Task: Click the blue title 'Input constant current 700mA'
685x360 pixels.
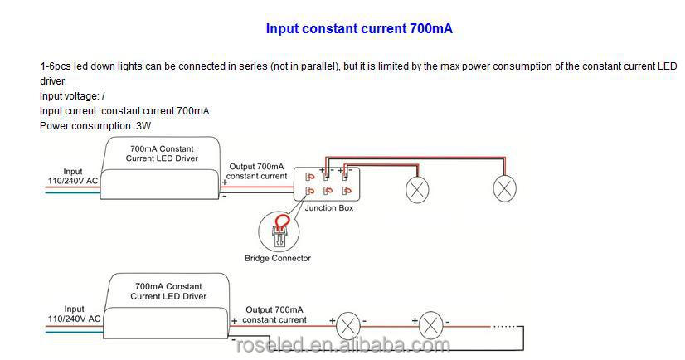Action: point(359,29)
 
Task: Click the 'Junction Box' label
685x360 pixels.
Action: point(329,208)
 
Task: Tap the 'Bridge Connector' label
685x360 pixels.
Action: point(278,258)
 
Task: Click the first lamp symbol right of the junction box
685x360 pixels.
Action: point(417,190)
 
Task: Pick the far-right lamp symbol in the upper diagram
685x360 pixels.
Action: point(504,189)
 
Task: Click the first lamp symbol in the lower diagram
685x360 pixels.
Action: point(347,325)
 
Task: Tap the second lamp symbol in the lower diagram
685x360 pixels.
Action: point(430,325)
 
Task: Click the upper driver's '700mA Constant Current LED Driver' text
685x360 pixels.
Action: point(162,153)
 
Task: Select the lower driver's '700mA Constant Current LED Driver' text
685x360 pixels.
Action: point(168,291)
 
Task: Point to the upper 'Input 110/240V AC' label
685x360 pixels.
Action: point(73,176)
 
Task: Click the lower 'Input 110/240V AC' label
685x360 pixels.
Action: point(75,314)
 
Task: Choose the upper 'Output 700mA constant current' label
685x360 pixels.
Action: point(256,171)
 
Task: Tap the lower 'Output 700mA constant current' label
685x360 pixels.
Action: point(274,314)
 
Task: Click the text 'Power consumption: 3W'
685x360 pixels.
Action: point(95,126)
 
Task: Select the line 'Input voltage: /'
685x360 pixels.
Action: point(72,96)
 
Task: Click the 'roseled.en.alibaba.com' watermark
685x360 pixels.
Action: point(343,345)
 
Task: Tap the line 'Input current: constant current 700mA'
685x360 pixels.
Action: point(124,111)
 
